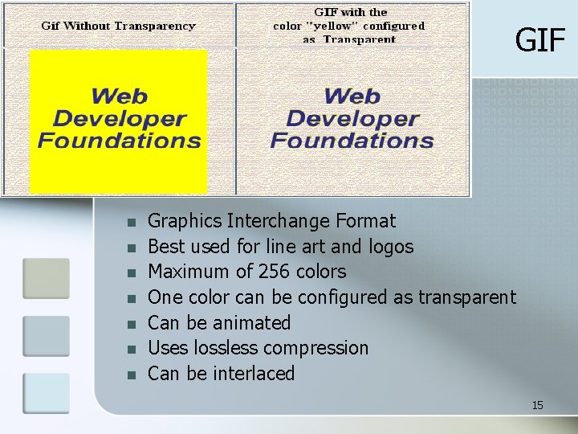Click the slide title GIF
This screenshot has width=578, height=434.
539,39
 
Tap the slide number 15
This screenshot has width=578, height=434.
537,405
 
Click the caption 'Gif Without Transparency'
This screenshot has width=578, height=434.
118,26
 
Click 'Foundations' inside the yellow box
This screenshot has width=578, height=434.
119,141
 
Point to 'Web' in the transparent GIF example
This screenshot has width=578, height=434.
352,97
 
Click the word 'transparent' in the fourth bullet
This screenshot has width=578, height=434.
466,297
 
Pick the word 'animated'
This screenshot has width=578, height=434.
252,323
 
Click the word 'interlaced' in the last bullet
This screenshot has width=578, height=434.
254,374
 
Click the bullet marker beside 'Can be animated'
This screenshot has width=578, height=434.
132,324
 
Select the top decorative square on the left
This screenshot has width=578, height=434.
46,278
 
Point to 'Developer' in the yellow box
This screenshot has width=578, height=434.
119,120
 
